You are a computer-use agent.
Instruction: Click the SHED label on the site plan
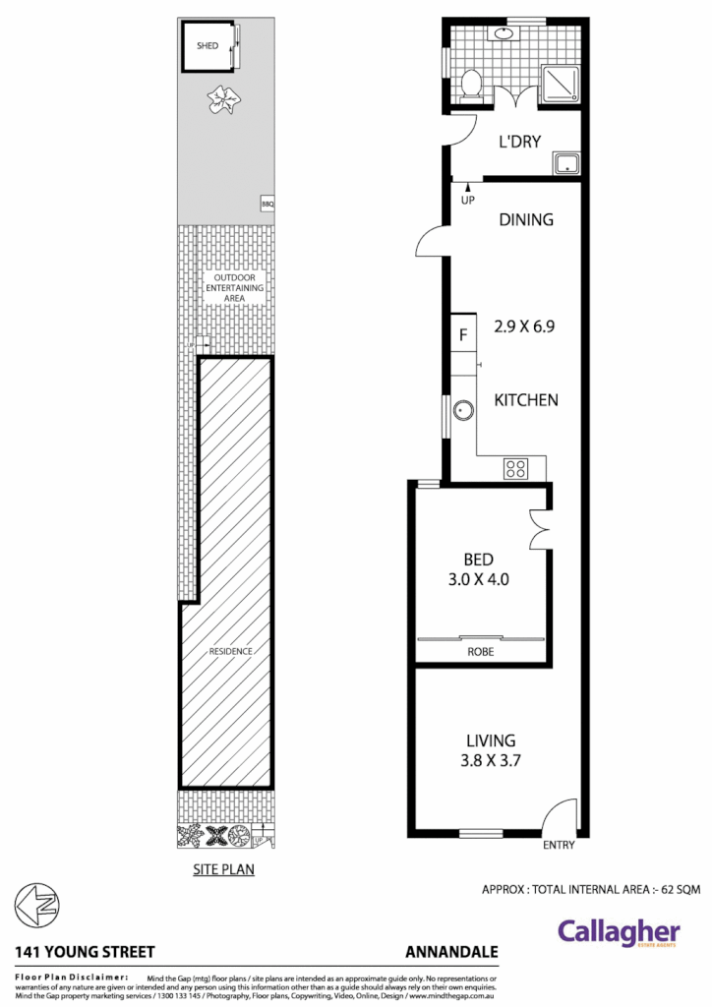(208, 45)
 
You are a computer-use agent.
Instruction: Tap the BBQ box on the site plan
(267, 204)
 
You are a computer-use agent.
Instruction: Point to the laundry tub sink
(566, 163)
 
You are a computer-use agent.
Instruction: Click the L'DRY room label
(519, 142)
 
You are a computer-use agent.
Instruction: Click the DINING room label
(526, 220)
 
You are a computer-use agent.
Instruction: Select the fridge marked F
(463, 333)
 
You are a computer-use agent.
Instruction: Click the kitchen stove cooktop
(515, 468)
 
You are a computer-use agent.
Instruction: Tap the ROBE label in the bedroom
(481, 652)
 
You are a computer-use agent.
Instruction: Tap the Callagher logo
(619, 932)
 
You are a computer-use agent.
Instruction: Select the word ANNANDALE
(451, 952)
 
